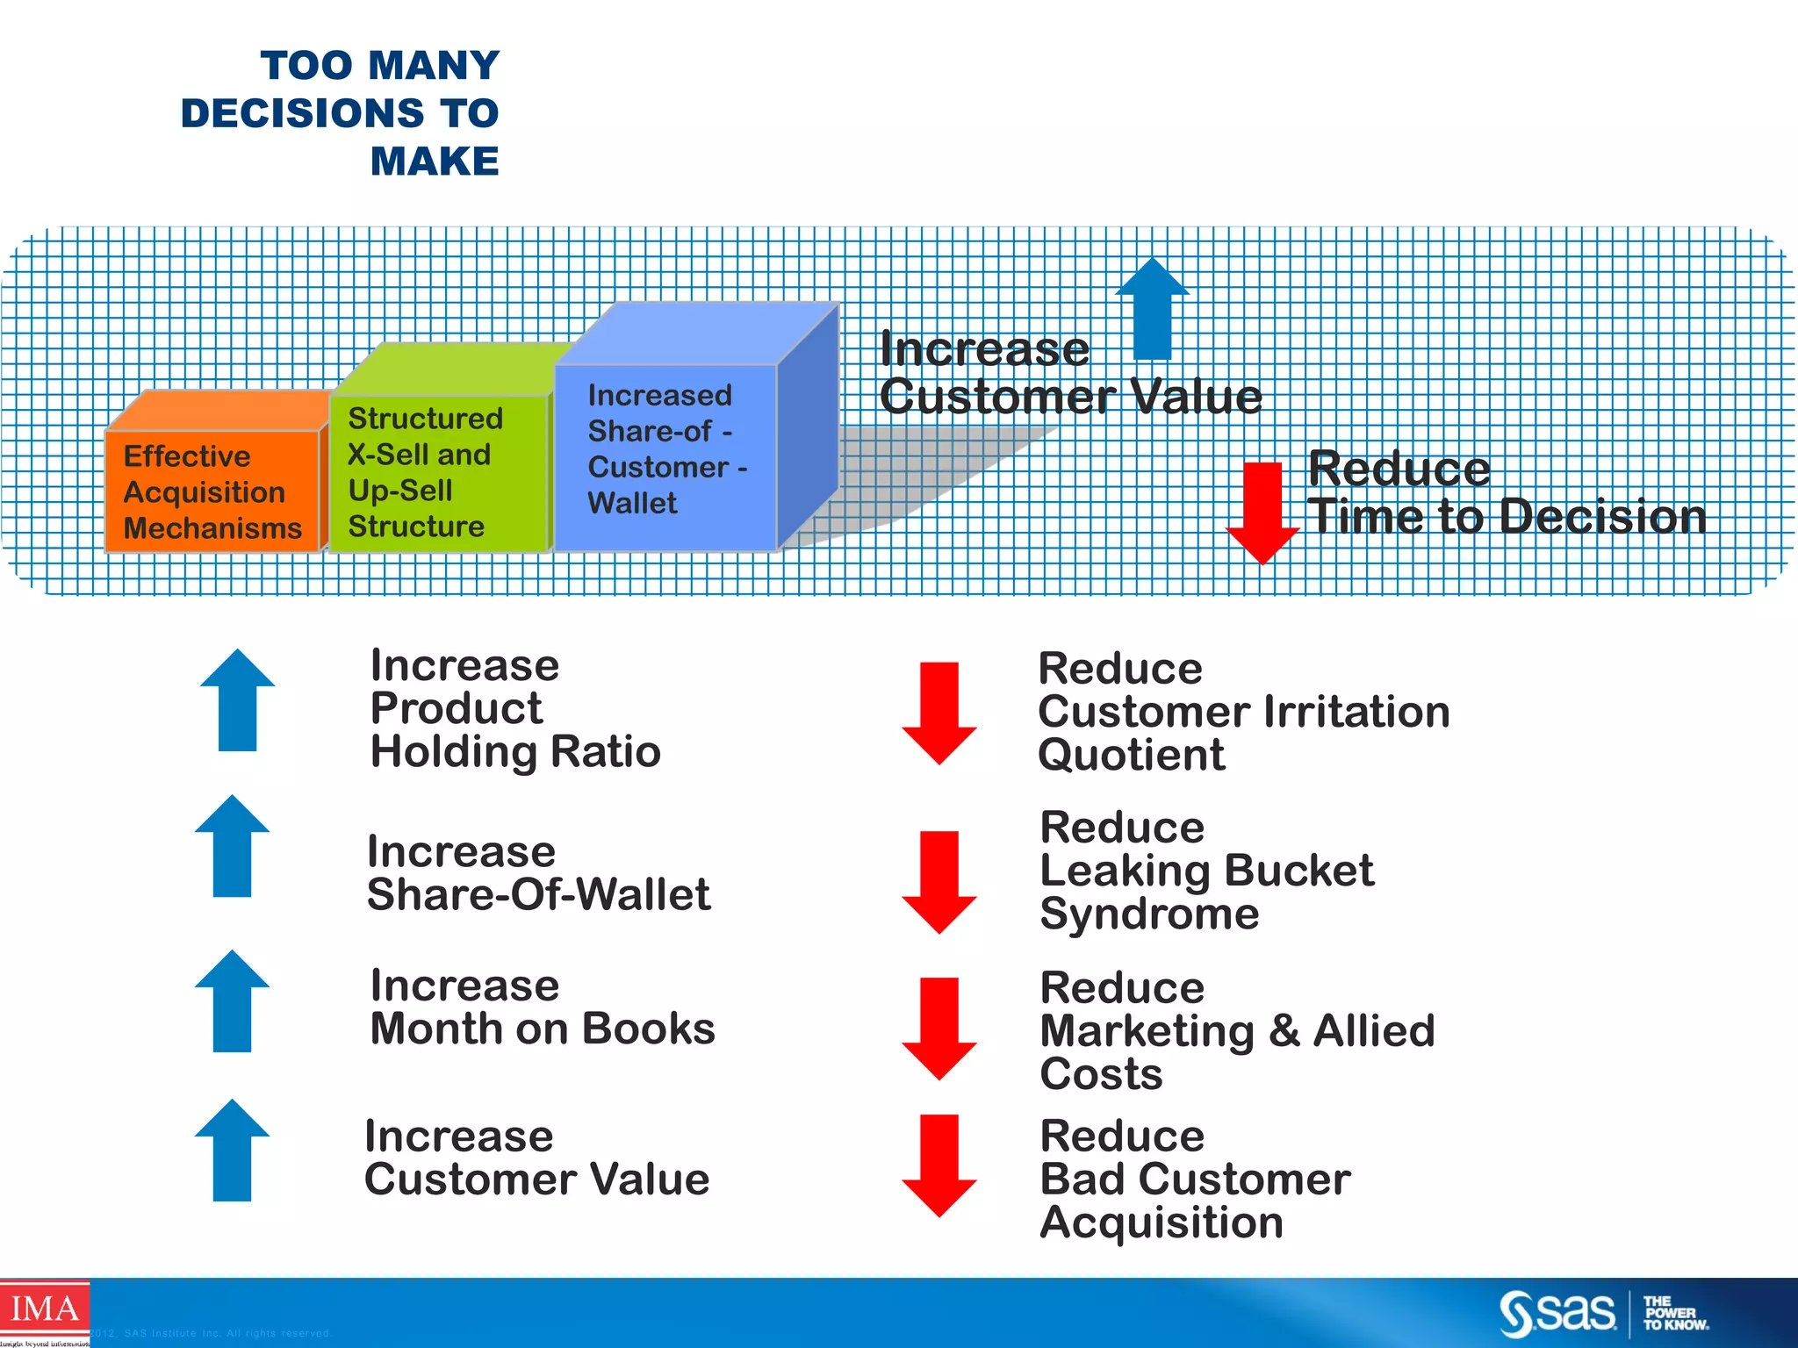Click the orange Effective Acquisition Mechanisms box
coord(212,491)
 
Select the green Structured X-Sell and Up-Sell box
coord(438,472)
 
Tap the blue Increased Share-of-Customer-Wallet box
coord(665,456)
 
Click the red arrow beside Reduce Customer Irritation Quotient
coord(939,713)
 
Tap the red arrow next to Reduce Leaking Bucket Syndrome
coord(939,882)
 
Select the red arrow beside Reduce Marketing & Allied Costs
coord(939,1028)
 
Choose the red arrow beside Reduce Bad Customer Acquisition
coord(939,1165)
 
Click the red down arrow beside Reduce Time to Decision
coord(1262,513)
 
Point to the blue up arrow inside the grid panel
coord(1153,308)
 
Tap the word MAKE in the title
coord(435,161)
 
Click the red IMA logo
coord(44,1310)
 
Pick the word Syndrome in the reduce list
coord(1149,914)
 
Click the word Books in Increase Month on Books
coord(649,1029)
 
